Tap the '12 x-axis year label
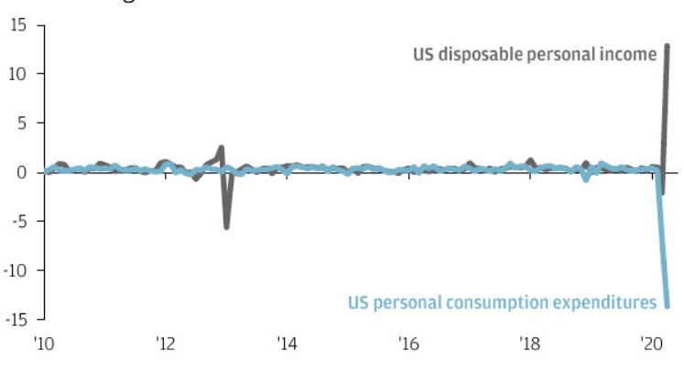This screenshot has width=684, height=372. pos(166,345)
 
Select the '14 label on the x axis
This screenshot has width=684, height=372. pos(287,345)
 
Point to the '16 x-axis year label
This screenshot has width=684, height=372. pos(408,345)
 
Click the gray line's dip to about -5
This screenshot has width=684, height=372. pos(226,226)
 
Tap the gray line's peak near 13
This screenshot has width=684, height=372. pos(668,46)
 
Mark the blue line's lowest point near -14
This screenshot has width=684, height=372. pos(668,305)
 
